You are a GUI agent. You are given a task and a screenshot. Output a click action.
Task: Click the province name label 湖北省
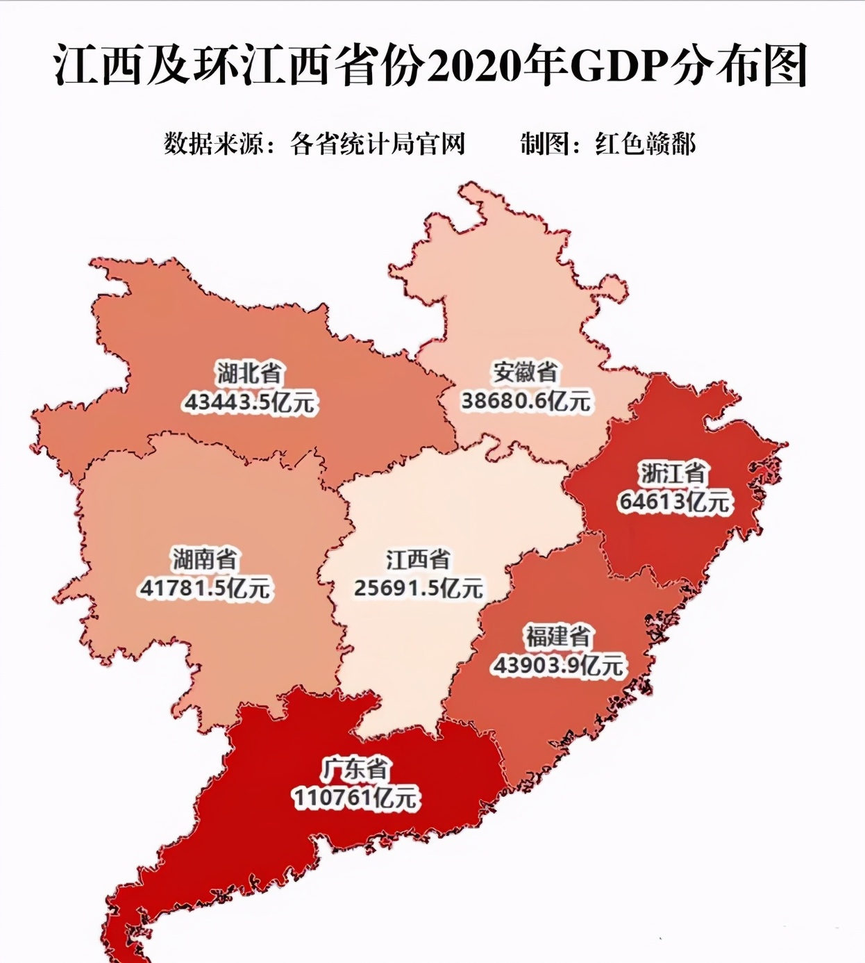tap(249, 373)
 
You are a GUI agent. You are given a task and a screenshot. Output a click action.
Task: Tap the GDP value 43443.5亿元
tap(249, 402)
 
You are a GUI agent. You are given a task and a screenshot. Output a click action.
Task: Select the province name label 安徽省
tap(526, 372)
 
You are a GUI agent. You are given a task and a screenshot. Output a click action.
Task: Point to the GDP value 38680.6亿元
tap(526, 401)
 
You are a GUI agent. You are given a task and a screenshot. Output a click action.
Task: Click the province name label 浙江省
tap(673, 473)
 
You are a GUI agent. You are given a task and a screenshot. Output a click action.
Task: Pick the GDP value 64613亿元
tap(674, 502)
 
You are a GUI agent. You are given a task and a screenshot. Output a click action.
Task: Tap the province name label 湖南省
tap(205, 559)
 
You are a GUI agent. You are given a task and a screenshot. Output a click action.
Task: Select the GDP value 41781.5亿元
tap(205, 588)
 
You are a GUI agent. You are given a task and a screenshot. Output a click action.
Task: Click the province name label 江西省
tap(418, 559)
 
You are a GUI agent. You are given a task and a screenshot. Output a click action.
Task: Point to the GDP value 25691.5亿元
tap(418, 588)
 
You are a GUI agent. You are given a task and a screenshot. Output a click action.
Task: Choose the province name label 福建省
tap(558, 636)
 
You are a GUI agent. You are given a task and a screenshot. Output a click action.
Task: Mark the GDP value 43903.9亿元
tap(559, 666)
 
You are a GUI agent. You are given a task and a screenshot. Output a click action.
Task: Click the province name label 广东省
tap(356, 768)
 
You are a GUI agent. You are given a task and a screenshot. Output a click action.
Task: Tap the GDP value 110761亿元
tap(356, 798)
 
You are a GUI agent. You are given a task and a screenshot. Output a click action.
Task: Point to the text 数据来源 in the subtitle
tap(213, 145)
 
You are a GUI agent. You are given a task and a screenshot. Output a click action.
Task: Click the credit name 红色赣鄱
tap(645, 145)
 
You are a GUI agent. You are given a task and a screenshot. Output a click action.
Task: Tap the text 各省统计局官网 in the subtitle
tap(378, 145)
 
